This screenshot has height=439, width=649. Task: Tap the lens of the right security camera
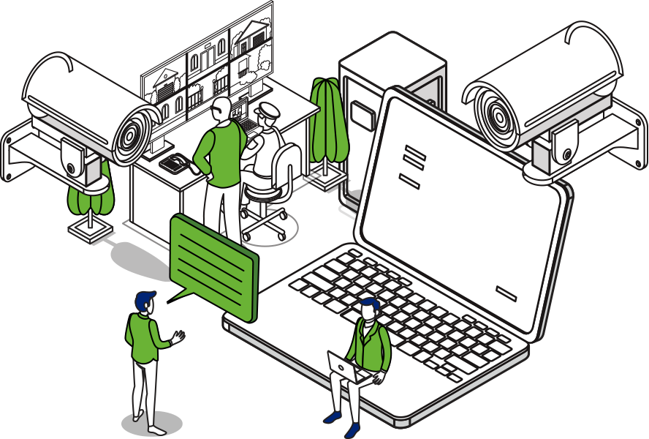point(497,116)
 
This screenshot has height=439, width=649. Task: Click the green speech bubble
point(213,263)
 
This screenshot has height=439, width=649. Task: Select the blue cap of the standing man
point(145,299)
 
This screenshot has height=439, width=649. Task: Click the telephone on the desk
point(173,162)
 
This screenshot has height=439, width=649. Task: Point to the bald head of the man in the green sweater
point(220,108)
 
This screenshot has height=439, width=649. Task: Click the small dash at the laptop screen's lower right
point(506,293)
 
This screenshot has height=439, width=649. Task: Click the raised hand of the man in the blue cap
point(177,337)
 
